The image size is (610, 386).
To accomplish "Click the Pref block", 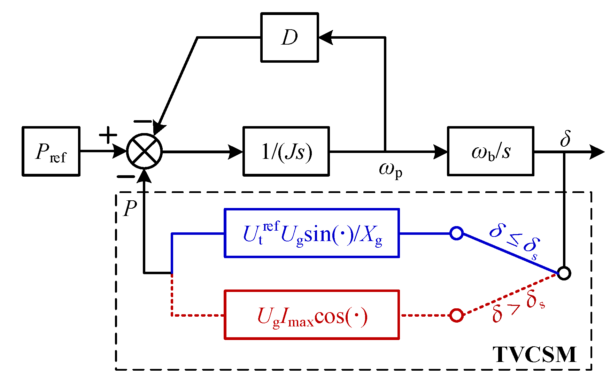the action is click(x=51, y=151).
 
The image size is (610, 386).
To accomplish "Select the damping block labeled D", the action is click(x=289, y=37).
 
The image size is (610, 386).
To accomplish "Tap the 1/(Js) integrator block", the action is click(x=286, y=151).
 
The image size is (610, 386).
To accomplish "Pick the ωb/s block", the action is click(x=491, y=151).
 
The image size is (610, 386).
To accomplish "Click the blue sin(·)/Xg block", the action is click(x=312, y=233).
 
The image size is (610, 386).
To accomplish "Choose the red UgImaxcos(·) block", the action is click(x=312, y=315).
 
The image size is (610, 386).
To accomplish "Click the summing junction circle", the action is click(x=145, y=151).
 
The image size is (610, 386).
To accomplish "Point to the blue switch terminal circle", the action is click(x=456, y=233).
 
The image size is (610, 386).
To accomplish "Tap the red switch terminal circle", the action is click(x=456, y=315).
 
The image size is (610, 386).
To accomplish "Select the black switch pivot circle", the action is click(x=564, y=273).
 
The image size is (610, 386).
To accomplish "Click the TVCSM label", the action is click(x=534, y=355).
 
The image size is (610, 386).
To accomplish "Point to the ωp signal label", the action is click(x=391, y=170).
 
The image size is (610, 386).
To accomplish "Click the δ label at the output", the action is click(x=565, y=138).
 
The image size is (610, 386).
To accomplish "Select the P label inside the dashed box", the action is click(x=130, y=208).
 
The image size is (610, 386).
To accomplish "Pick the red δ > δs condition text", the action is click(x=518, y=306).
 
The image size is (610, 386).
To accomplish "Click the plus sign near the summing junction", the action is click(x=108, y=134).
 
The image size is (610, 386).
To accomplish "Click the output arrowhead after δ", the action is click(x=596, y=152).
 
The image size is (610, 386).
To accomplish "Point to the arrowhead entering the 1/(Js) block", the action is click(x=235, y=152).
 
